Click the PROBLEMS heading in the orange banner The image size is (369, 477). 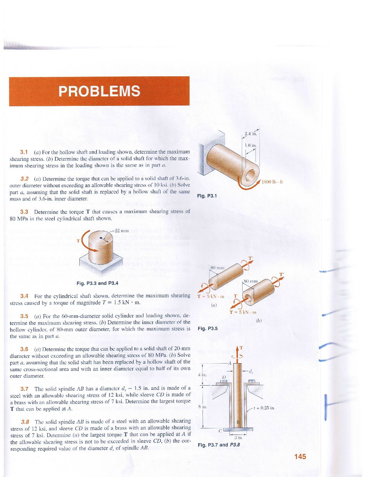(x=99, y=91)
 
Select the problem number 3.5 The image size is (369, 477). (x=24, y=316)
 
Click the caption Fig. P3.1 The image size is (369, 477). (x=207, y=196)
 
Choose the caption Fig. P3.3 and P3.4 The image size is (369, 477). (x=97, y=283)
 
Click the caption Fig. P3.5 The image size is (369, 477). (x=208, y=329)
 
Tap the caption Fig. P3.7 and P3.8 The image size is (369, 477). (x=219, y=445)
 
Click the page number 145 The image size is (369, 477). (x=300, y=456)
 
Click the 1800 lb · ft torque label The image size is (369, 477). (x=272, y=182)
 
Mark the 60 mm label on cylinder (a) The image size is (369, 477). (x=217, y=268)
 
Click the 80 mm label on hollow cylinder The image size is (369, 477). (x=251, y=281)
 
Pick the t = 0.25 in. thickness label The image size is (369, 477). (x=264, y=408)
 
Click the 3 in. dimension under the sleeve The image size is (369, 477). (x=238, y=437)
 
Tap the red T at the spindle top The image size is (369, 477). (x=241, y=348)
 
